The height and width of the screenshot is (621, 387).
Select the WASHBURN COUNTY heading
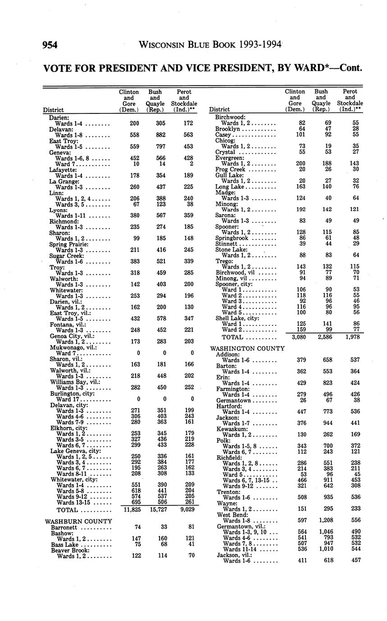pos(78,522)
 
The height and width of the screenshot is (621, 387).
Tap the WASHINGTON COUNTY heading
pos(247,348)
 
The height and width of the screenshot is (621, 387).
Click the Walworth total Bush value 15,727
pos(155,510)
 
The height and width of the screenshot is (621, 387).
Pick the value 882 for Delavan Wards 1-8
pos(155,135)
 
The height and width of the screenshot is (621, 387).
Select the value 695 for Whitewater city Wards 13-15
pos(129,502)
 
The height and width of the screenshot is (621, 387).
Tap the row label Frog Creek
pos(230,169)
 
